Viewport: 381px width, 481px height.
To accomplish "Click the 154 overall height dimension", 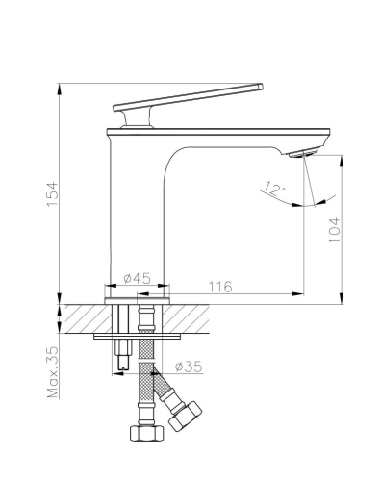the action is (x=52, y=194).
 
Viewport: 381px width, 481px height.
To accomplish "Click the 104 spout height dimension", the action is (x=335, y=230).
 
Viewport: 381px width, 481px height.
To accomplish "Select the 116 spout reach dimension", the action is (x=220, y=287).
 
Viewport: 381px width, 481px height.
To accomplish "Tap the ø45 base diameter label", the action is (x=137, y=278).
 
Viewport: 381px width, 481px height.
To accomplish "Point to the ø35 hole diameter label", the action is (x=189, y=367).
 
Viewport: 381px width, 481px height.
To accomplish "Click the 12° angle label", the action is (x=274, y=189).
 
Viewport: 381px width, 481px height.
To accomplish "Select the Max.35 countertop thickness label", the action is (x=53, y=371).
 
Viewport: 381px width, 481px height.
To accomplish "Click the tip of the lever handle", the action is (x=262, y=87).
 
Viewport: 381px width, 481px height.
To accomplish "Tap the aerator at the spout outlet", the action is (x=303, y=152).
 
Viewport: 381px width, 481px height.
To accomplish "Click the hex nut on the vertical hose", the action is (x=147, y=433).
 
